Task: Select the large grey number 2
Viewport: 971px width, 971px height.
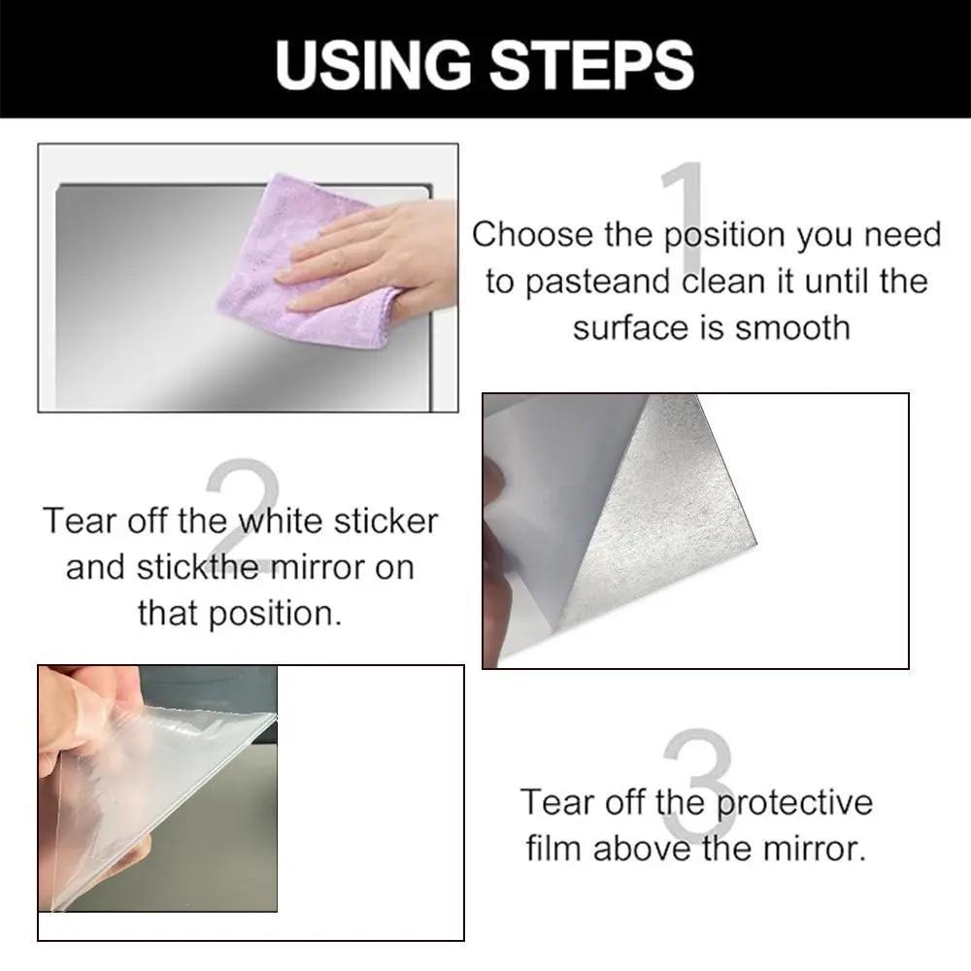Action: pos(243,505)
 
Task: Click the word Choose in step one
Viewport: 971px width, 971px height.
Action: pos(531,235)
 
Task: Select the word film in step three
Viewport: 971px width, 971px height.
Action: pos(554,849)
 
